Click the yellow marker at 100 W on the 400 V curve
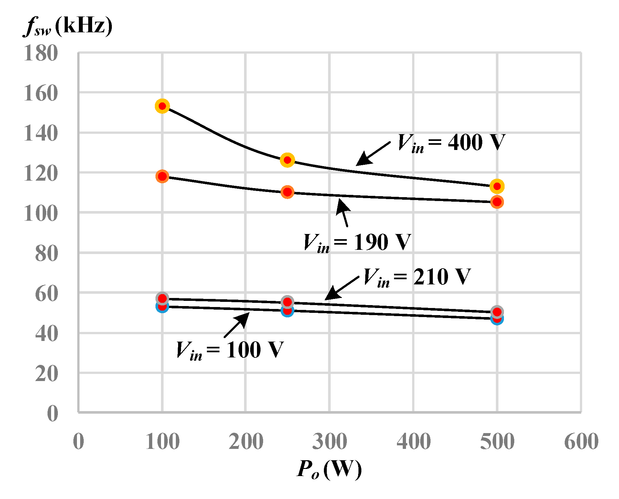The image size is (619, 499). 162,106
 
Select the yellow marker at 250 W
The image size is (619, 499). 287,160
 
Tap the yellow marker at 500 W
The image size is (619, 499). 497,186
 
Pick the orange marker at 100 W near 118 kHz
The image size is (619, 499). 162,176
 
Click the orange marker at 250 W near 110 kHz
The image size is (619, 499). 287,192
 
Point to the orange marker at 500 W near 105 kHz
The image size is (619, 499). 497,202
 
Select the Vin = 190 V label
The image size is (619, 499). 357,242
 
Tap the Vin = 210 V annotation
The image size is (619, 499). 417,277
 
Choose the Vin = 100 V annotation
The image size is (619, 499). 229,350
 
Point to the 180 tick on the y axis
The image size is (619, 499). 41,53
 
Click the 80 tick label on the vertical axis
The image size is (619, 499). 47,253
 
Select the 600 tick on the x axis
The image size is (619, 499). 581,441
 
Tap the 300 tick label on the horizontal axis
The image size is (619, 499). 329,441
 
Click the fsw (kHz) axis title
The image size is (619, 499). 68,27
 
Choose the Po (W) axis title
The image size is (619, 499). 329,469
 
